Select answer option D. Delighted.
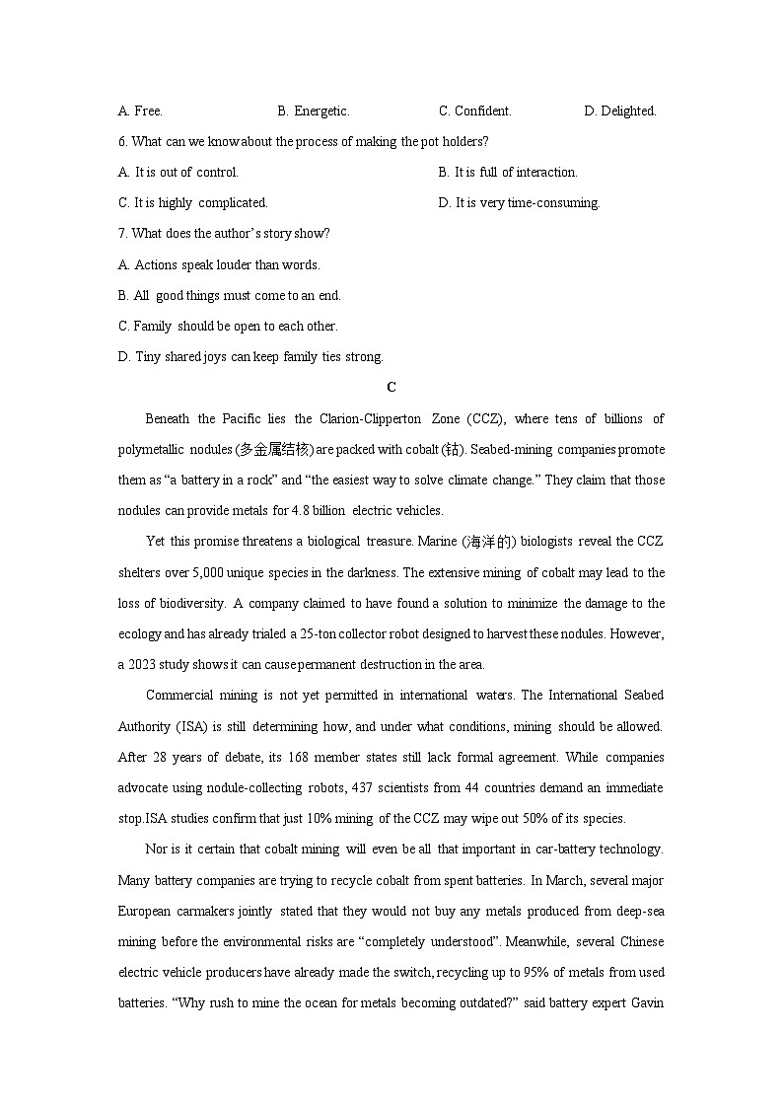(620, 111)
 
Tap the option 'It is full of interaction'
(508, 173)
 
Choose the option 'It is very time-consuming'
(519, 203)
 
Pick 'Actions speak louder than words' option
(219, 264)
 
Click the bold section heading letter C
(391, 388)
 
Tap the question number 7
(122, 234)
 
